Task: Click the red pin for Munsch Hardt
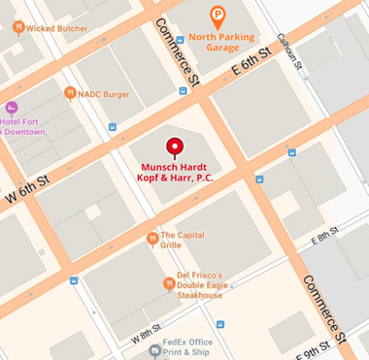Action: pos(175,147)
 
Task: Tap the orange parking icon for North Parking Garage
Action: pos(218,16)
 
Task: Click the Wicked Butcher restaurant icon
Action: pos(17,28)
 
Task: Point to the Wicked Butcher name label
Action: pos(56,28)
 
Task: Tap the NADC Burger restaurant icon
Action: pos(70,93)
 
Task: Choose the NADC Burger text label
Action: pos(103,94)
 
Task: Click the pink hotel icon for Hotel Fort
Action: pos(12,108)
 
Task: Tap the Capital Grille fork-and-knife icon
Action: pos(151,239)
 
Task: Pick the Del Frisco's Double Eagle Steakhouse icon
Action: pos(168,284)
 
